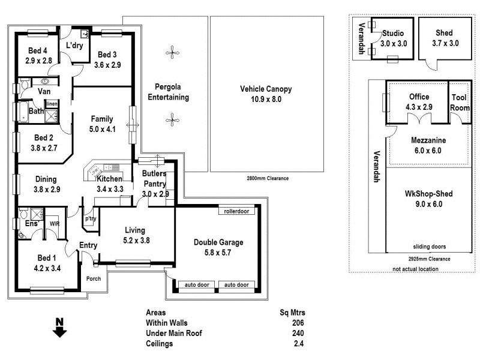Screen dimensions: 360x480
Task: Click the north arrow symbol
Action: (59, 328)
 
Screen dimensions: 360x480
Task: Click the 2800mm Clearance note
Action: (268, 178)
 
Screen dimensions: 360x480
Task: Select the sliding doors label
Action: (429, 247)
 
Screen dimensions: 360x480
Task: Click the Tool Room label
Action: (460, 103)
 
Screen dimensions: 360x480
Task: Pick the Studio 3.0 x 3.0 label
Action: (394, 38)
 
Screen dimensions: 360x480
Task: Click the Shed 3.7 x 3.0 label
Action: (445, 38)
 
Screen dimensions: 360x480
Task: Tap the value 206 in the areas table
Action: (298, 323)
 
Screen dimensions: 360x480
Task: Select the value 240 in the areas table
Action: (298, 334)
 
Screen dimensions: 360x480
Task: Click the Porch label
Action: (93, 278)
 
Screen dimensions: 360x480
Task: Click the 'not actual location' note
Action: (415, 269)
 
